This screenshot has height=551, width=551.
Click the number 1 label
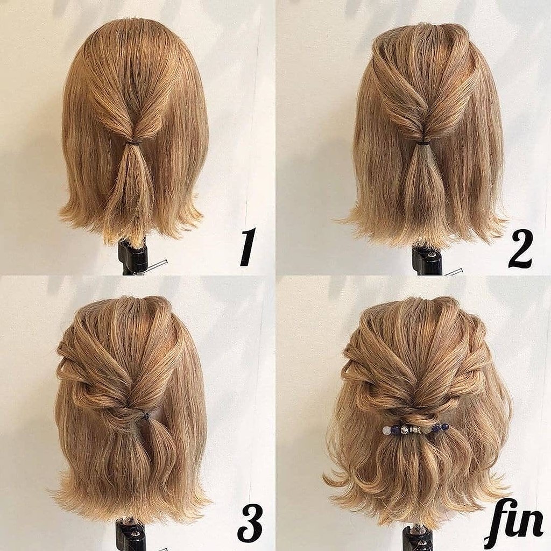pos(247,247)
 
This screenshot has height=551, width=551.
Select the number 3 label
pos(250,524)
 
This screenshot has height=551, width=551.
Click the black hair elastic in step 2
pos(423,143)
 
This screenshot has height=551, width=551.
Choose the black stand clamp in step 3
pos(130,536)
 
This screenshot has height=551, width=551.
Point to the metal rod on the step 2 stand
pos(453,272)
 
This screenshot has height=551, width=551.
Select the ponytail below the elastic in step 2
pos(422,186)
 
